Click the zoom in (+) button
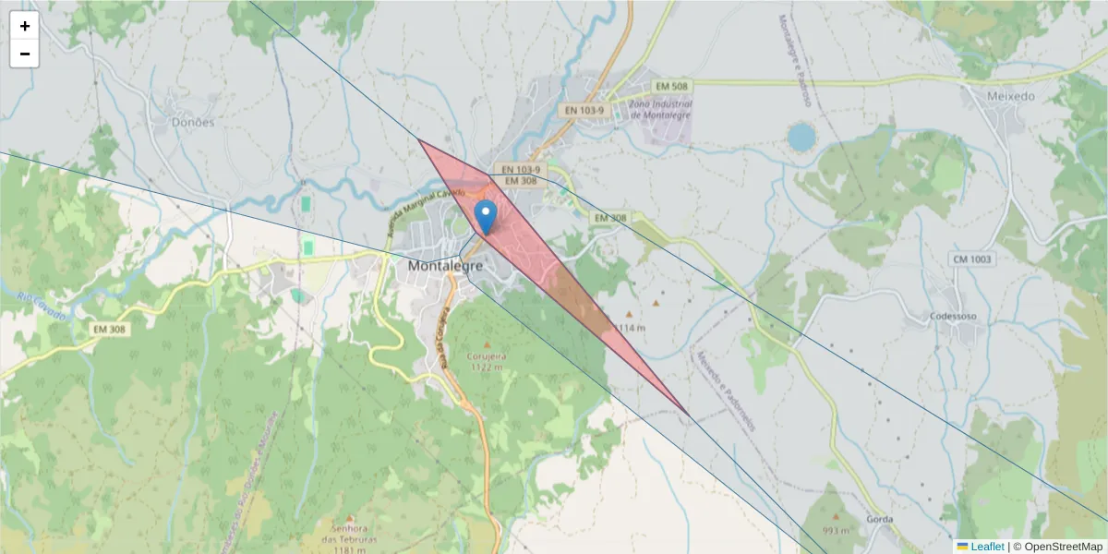(x=25, y=26)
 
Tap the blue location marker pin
(x=486, y=217)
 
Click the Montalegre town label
(x=445, y=265)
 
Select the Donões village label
(x=193, y=122)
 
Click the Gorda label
(x=880, y=519)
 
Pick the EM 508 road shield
(x=671, y=86)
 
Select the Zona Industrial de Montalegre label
(x=659, y=109)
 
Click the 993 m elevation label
(x=836, y=531)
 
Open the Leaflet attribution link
(x=987, y=547)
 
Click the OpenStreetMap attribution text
(x=1062, y=547)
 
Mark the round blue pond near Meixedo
(x=801, y=137)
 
